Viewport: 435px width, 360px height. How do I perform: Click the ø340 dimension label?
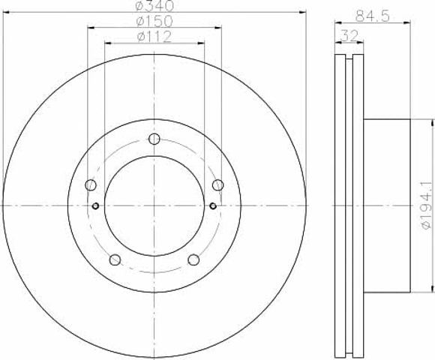154,6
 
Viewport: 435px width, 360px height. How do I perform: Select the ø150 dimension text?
154,21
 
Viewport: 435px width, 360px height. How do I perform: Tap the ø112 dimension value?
154,37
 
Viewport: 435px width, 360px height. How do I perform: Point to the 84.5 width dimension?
373,16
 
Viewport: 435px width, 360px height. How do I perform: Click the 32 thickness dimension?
349,36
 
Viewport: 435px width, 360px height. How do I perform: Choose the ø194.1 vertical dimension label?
427,205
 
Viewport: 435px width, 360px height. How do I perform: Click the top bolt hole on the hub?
154,139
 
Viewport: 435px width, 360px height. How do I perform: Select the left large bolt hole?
91,184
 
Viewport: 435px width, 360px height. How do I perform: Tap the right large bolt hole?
218,184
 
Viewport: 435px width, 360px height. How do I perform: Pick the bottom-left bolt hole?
115,259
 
